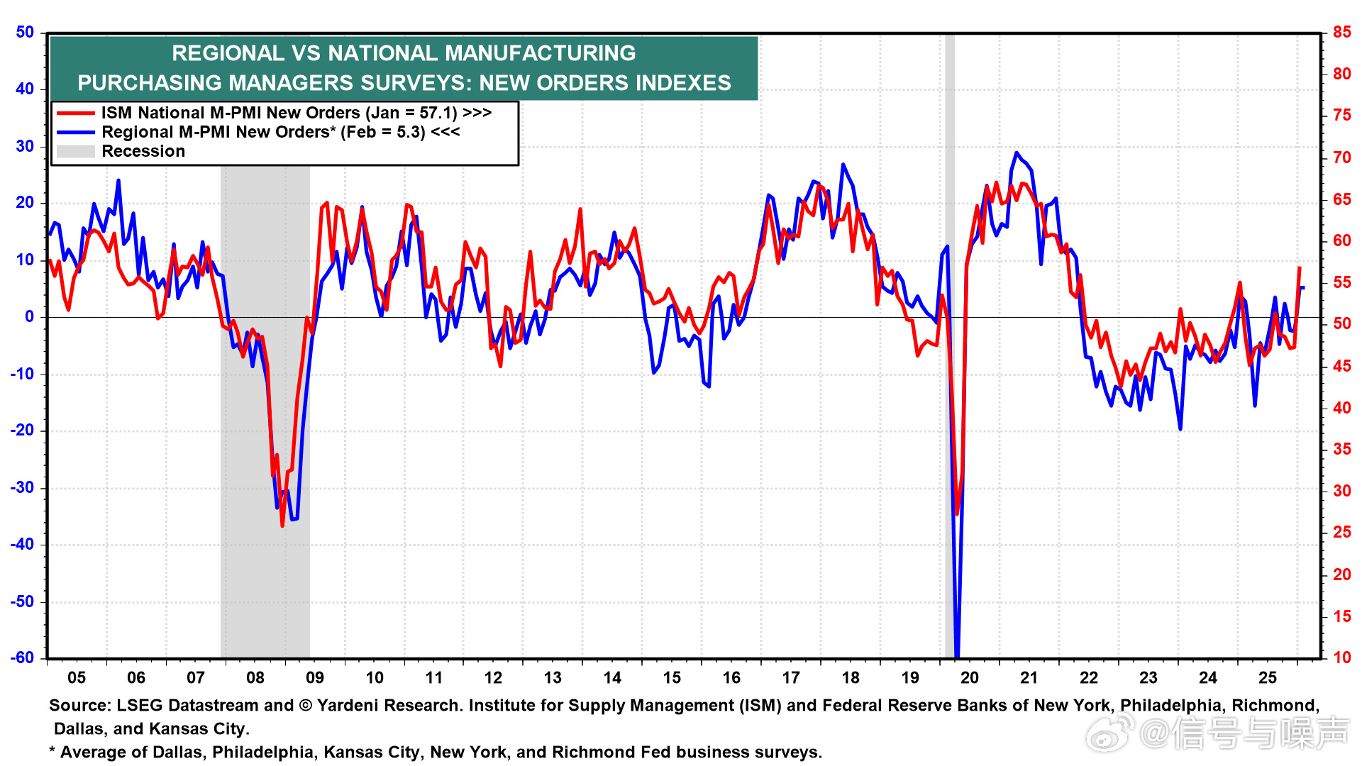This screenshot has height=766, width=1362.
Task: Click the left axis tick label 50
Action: pos(25,33)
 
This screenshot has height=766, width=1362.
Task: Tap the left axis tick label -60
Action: pos(22,657)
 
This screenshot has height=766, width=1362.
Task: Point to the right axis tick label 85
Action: pos(1341,33)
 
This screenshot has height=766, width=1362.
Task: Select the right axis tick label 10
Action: pos(1341,657)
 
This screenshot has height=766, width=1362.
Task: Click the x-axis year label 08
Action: pos(255,678)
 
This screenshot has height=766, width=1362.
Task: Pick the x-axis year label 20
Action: pos(970,678)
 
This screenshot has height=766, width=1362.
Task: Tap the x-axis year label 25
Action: pos(1268,678)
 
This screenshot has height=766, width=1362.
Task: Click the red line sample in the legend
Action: pos(75,113)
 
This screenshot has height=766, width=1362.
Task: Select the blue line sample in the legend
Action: pos(75,133)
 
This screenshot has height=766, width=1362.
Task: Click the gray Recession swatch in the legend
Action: pos(75,152)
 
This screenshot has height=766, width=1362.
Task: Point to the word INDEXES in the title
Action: pos(683,84)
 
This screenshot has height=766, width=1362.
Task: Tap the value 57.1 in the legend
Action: pos(438,113)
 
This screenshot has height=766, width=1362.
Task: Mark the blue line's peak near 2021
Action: pos(1017,152)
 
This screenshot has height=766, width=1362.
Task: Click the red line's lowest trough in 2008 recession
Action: pos(282,526)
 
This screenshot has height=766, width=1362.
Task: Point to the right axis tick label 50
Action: pos(1341,324)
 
